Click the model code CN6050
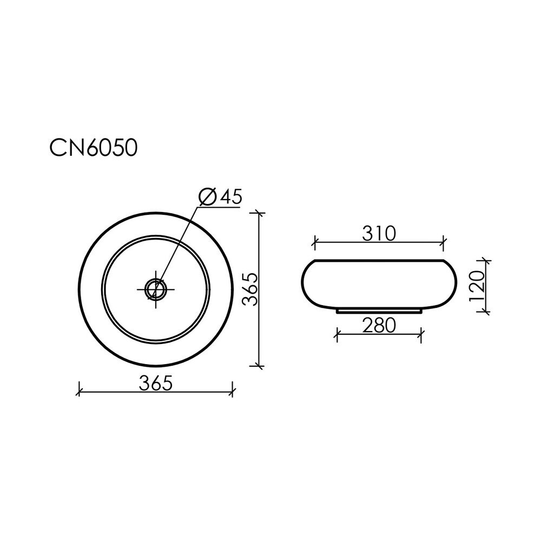(x=94, y=148)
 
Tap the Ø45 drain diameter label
(x=221, y=197)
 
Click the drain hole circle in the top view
(x=156, y=289)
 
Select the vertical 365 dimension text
(x=250, y=289)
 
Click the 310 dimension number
(x=379, y=234)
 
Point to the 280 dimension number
(x=379, y=325)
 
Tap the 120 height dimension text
(x=477, y=286)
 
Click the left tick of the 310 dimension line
(x=314, y=242)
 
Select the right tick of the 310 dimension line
(x=444, y=242)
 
